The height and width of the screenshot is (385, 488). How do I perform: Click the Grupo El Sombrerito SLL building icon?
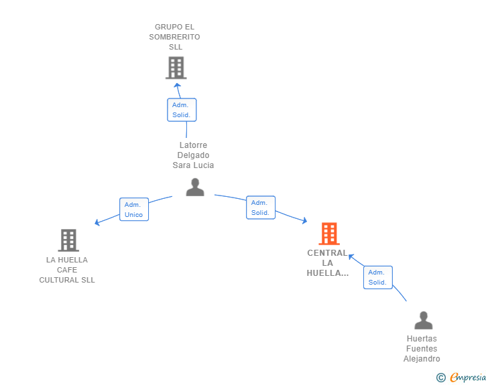pyautogui.click(x=176, y=68)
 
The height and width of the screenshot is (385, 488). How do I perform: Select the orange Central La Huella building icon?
pyautogui.click(x=329, y=234)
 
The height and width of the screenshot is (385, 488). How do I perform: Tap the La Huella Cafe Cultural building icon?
pyautogui.click(x=68, y=240)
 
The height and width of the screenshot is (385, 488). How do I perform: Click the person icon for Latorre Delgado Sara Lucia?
pyautogui.click(x=195, y=187)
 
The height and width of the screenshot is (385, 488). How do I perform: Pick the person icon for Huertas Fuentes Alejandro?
pyautogui.click(x=424, y=320)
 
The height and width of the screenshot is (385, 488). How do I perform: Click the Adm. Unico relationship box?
pyautogui.click(x=134, y=210)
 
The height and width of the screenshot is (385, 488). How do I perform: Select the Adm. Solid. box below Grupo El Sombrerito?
pyautogui.click(x=182, y=110)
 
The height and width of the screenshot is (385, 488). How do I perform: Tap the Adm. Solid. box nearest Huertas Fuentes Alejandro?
pyautogui.click(x=378, y=277)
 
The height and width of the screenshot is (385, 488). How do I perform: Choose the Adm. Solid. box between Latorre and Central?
pyautogui.click(x=261, y=208)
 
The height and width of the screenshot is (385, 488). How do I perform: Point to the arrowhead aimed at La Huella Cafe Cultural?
pyautogui.click(x=97, y=222)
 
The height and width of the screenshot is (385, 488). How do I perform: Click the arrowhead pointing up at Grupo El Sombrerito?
pyautogui.click(x=177, y=86)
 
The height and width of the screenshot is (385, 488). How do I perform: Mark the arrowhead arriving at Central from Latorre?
pyautogui.click(x=305, y=220)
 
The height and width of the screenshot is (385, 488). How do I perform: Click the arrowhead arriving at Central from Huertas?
pyautogui.click(x=351, y=256)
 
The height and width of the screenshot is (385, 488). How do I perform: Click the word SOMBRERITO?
pyautogui.click(x=174, y=37)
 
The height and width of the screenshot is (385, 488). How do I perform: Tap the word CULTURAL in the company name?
pyautogui.click(x=59, y=280)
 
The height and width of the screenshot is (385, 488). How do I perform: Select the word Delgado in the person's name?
pyautogui.click(x=193, y=155)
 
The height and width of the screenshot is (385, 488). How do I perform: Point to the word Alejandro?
pyautogui.click(x=422, y=359)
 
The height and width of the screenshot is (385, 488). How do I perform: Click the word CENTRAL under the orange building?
pyautogui.click(x=327, y=253)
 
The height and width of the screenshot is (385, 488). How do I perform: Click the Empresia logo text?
pyautogui.click(x=468, y=378)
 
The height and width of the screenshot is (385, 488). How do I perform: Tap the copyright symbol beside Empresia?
pyautogui.click(x=440, y=378)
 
